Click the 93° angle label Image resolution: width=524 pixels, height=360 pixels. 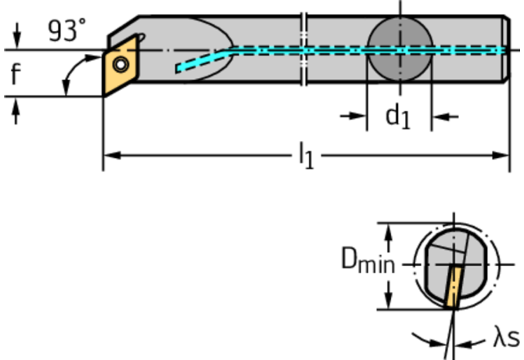click(66, 31)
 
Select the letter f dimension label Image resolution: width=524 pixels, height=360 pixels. click(15, 74)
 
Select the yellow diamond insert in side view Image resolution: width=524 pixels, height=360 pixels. click(119, 69)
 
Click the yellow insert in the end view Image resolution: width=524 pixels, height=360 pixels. click(453, 288)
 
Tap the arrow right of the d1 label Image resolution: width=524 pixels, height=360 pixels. click(443, 117)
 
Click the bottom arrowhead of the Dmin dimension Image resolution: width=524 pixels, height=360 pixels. click(387, 301)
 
